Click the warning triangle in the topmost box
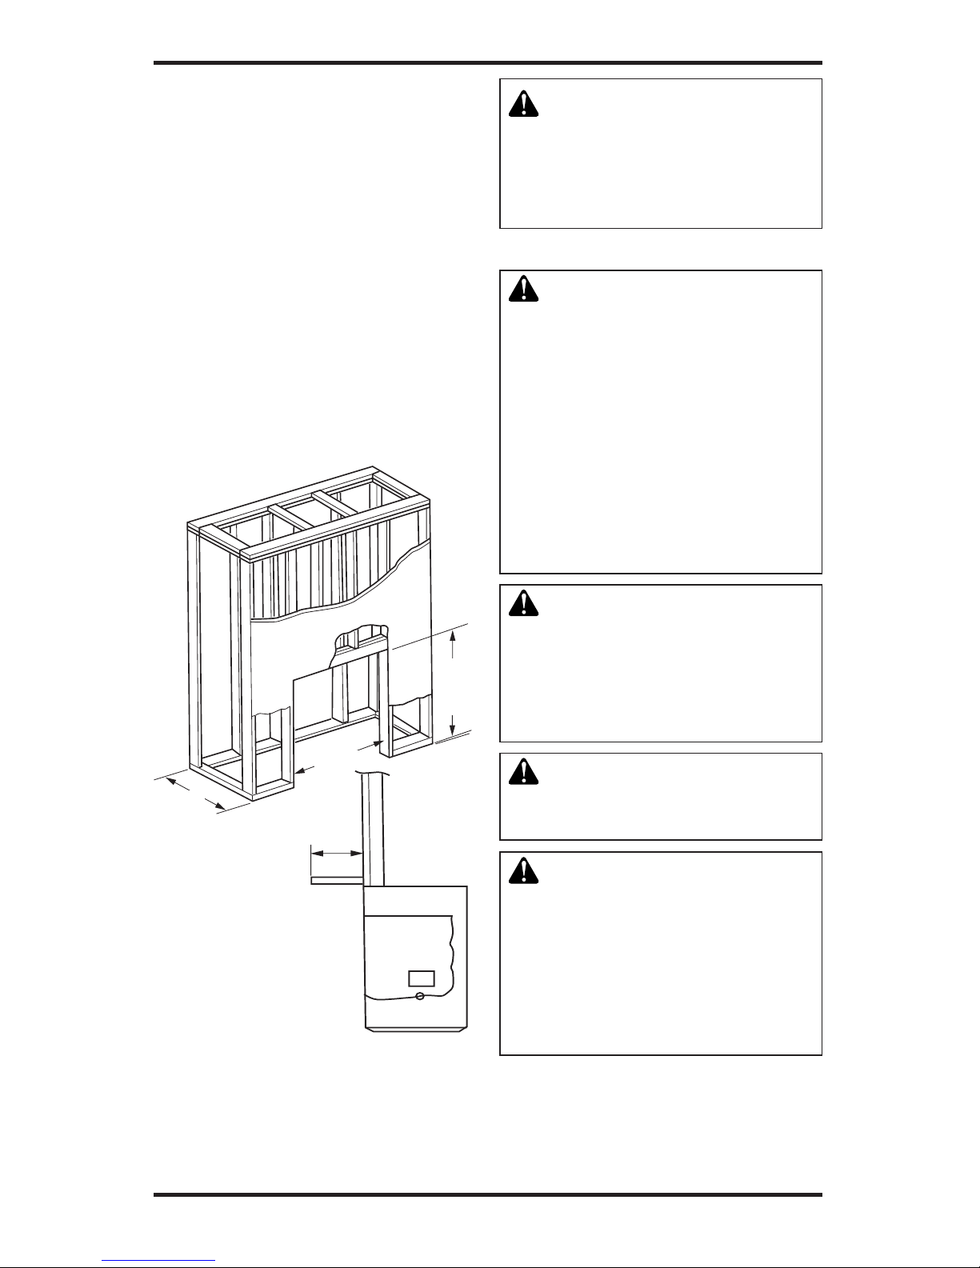tap(524, 104)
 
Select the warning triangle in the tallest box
tap(524, 290)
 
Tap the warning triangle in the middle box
tap(524, 605)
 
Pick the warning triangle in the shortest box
tap(524, 770)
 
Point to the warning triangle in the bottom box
tap(524, 871)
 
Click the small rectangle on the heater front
tap(421, 978)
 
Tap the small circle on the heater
tap(421, 996)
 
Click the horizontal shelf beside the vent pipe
tap(336, 881)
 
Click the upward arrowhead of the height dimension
tap(454, 636)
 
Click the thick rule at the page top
tap(488, 63)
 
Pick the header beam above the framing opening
tap(360, 654)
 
